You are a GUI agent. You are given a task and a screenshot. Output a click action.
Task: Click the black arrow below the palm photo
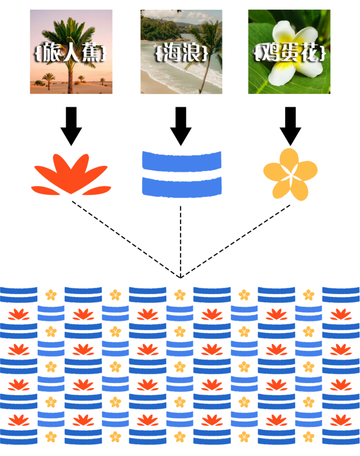[x=71, y=126]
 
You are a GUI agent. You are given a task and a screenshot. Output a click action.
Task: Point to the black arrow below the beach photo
[x=181, y=126]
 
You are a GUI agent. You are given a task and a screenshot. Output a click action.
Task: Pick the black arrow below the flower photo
[x=290, y=126]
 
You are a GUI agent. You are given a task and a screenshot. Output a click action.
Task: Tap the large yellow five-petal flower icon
[x=290, y=175]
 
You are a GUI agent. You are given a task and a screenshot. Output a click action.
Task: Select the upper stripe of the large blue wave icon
[x=181, y=160]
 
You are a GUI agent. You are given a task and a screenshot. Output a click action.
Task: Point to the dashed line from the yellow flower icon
[x=236, y=241]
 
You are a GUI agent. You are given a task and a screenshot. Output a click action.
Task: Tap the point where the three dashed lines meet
[x=181, y=278]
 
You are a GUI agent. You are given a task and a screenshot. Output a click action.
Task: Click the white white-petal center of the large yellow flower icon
[x=290, y=175]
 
